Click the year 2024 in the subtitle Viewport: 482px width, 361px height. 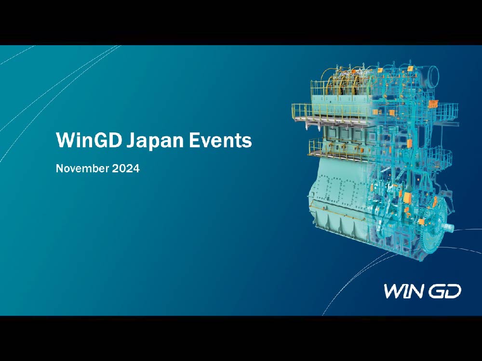127,169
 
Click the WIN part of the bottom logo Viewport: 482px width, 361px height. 404,291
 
